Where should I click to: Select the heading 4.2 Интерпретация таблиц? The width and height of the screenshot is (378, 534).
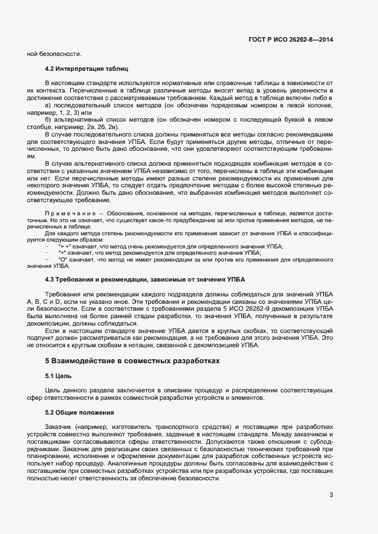[82, 69]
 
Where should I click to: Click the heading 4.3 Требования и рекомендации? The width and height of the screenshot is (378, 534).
[145, 280]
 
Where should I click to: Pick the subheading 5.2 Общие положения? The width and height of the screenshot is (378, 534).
[79, 412]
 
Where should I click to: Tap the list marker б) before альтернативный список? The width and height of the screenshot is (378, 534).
[48, 119]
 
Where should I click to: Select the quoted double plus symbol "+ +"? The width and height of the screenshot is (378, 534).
[65, 246]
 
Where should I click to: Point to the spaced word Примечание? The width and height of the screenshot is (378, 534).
[70, 212]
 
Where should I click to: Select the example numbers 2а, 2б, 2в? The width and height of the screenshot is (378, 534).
[104, 126]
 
